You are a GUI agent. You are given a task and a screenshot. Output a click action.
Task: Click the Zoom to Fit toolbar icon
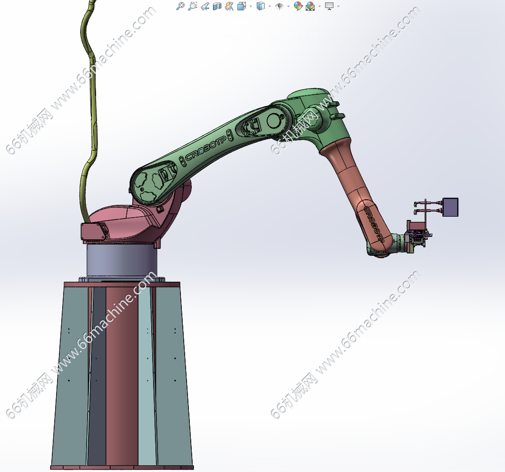pyautogui.click(x=180, y=6)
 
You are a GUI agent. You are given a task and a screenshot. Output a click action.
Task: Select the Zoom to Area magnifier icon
pyautogui.click(x=193, y=6)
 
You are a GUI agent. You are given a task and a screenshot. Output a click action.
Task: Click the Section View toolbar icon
pyautogui.click(x=217, y=6)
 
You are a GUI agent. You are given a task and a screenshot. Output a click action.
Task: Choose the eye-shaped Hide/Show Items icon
pyautogui.click(x=279, y=6)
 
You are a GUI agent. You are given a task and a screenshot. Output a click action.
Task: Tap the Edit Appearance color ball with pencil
pyautogui.click(x=298, y=6)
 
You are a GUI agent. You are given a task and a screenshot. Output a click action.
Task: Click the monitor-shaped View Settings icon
pyautogui.click(x=329, y=6)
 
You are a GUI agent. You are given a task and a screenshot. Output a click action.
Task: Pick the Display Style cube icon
pyautogui.click(x=261, y=6)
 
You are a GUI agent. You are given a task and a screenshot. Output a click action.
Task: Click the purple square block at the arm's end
pyautogui.click(x=450, y=207)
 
